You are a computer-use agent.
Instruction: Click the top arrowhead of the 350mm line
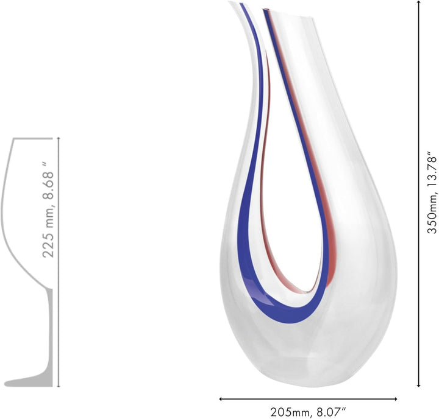[x=419, y=2]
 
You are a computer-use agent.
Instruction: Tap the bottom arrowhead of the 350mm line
[x=419, y=385]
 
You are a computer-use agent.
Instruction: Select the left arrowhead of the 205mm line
[x=221, y=399]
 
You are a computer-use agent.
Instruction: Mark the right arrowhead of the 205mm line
[x=395, y=399]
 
